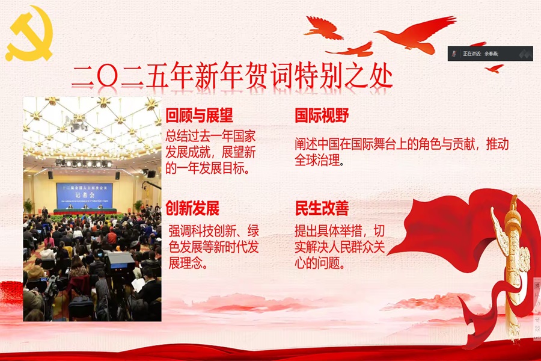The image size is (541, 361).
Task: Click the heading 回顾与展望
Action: coord(200,116)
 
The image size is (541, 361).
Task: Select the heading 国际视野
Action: coord(322,116)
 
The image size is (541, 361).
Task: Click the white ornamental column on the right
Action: coord(513,259)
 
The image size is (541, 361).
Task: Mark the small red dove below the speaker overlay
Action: coord(494,68)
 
